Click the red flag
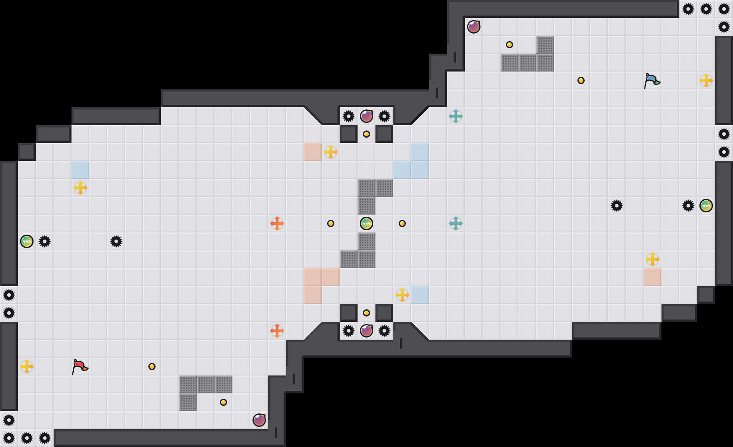80,367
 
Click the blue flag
652,81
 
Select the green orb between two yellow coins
366,223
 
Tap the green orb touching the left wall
27,241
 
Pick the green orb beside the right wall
706,206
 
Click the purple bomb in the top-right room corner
474,27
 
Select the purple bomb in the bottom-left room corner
259,420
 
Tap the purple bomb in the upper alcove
366,116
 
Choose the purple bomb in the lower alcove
366,331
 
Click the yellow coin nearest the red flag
152,367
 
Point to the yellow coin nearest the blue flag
581,80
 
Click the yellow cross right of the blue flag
706,80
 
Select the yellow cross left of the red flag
27,367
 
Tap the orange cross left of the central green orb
277,223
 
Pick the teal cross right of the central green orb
456,223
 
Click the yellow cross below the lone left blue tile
80,188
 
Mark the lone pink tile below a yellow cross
653,277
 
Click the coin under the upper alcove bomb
366,134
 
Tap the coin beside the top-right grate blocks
510,45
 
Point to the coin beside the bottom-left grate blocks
223,402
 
